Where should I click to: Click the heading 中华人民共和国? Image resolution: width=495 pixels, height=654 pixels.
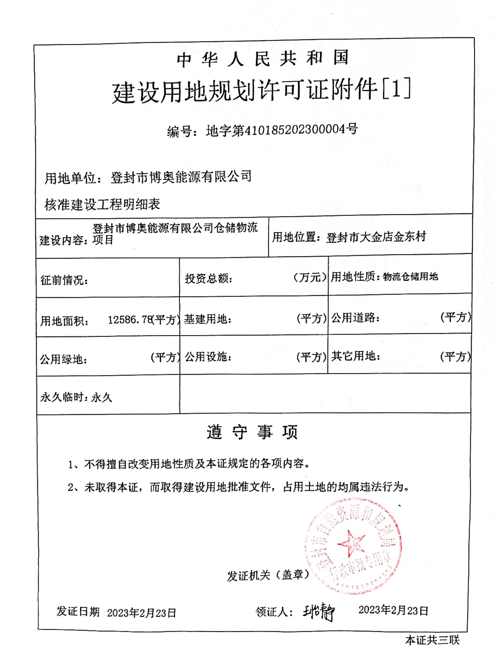[263, 58]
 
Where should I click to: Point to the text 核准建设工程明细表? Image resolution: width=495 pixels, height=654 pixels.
[102, 204]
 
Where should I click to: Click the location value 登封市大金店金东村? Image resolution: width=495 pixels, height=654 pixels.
[376, 237]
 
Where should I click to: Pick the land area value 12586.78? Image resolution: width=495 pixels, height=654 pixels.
[130, 320]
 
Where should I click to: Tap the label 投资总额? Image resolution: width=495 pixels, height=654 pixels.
[208, 278]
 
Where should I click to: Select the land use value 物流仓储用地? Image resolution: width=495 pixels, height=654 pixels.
[410, 277]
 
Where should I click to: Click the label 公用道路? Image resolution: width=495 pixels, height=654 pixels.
[355, 318]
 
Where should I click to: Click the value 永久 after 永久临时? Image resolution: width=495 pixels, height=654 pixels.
[102, 398]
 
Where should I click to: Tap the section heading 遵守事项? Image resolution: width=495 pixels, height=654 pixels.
[252, 432]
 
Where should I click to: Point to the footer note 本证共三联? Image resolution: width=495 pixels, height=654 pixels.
[432, 640]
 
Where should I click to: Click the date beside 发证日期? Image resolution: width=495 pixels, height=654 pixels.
[141, 612]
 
